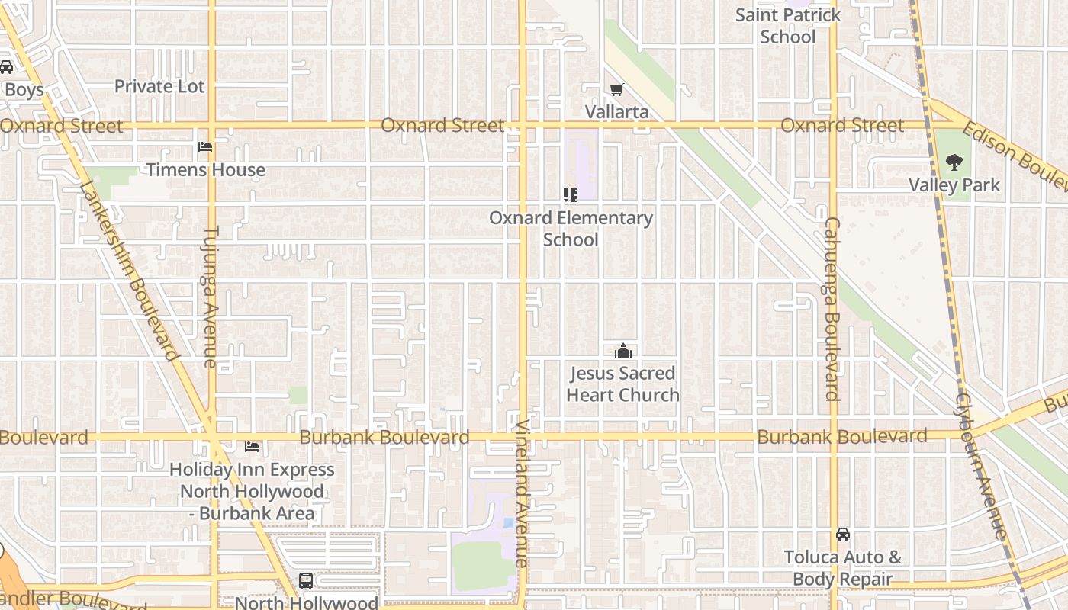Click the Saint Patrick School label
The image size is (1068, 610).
(788, 26)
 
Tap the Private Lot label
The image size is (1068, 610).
(159, 86)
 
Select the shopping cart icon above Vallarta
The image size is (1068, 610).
(616, 90)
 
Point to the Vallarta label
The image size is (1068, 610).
(616, 112)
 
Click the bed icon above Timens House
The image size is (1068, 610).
(204, 146)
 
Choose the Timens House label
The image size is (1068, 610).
(205, 169)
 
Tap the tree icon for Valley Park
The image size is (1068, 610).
(954, 162)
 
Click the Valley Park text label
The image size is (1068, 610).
(954, 185)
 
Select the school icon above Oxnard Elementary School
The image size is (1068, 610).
(570, 195)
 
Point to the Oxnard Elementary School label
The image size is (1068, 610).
(571, 229)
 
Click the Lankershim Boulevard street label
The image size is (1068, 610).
(128, 270)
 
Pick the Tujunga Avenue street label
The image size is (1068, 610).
(211, 296)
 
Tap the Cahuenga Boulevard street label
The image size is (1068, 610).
(832, 309)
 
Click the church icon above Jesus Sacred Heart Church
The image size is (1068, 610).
(622, 351)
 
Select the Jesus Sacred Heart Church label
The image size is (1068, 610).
(622, 384)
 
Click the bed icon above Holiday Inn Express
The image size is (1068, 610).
(251, 446)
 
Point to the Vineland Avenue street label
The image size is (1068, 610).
(522, 493)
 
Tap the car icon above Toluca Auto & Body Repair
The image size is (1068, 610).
(842, 534)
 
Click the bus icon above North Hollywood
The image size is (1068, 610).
(305, 581)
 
